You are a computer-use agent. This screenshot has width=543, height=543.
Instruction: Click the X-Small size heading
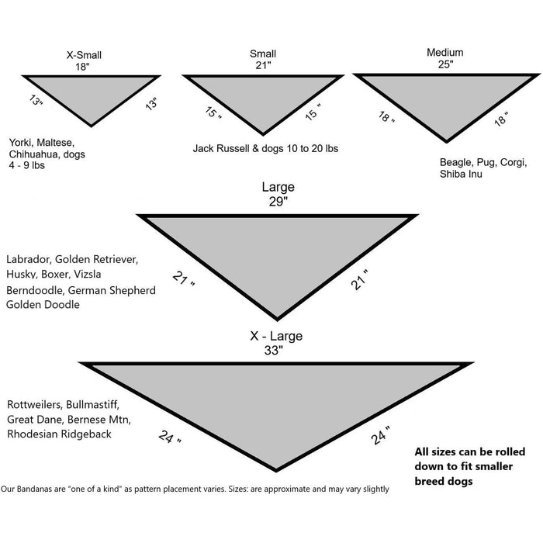(x=84, y=55)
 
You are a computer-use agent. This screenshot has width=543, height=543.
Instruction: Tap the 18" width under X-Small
(x=82, y=67)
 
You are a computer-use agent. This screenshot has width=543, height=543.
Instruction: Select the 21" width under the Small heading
(x=263, y=65)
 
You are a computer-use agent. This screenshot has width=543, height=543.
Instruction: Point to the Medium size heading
(x=445, y=52)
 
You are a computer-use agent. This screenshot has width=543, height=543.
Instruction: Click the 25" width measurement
(x=446, y=64)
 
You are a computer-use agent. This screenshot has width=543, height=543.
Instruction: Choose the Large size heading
(x=278, y=187)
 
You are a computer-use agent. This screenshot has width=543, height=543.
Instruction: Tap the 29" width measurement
(x=278, y=201)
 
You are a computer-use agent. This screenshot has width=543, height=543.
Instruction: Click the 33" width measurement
(x=274, y=351)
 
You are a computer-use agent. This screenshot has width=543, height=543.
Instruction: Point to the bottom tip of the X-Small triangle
(x=91, y=126)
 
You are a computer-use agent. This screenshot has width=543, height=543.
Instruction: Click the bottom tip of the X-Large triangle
(x=276, y=472)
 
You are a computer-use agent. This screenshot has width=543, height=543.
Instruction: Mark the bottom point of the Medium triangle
(x=446, y=142)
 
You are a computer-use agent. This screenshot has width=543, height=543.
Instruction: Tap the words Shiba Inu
(x=461, y=174)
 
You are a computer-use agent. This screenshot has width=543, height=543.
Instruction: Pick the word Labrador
(x=29, y=259)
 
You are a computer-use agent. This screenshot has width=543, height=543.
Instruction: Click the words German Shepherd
(x=112, y=290)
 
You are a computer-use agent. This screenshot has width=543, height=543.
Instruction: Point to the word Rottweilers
(x=35, y=404)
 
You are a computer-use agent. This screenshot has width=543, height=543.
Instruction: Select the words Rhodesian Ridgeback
(x=59, y=434)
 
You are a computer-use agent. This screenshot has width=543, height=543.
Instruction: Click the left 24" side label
(x=169, y=437)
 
